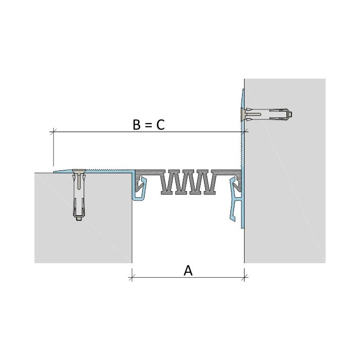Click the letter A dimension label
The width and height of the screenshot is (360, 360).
(188, 270)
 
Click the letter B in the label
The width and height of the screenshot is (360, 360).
(137, 125)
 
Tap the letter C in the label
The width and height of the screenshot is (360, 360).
(160, 125)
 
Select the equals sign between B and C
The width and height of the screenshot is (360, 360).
(149, 126)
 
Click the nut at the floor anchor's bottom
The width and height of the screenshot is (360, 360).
(79, 219)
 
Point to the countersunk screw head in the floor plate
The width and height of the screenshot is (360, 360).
(79, 171)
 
